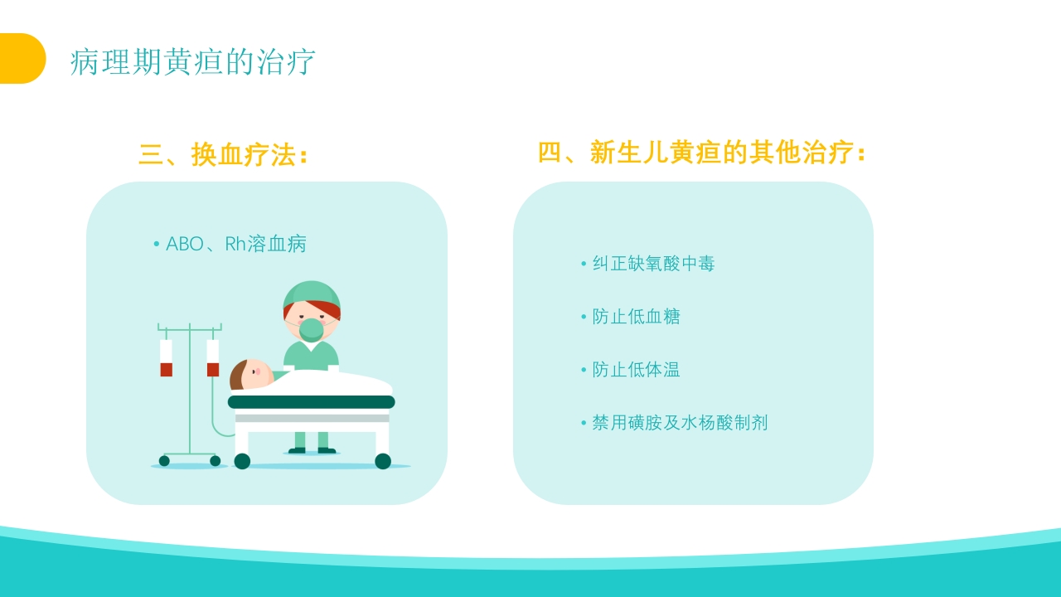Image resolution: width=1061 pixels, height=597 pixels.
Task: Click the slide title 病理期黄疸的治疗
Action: [192, 62]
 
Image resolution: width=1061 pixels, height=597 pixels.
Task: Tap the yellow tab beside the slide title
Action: [22, 59]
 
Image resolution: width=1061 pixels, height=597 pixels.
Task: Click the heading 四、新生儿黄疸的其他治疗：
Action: [702, 153]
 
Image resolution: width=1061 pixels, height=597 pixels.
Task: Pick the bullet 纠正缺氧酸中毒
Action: [653, 264]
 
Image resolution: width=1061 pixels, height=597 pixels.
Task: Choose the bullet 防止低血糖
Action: [636, 317]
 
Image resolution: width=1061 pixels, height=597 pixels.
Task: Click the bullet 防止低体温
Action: [636, 370]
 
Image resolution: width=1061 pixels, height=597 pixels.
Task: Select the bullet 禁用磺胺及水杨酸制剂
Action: [680, 423]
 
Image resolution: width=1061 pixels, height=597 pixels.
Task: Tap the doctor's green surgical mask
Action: [312, 329]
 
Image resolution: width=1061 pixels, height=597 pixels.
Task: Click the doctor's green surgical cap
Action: [312, 294]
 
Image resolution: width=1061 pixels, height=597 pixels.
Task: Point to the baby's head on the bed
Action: [250, 375]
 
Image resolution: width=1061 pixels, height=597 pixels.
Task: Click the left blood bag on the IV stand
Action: [166, 357]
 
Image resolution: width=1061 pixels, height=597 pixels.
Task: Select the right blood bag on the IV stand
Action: [213, 357]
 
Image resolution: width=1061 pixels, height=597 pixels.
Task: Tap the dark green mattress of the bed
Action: [311, 402]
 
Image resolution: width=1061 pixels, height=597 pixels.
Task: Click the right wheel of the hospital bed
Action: [383, 461]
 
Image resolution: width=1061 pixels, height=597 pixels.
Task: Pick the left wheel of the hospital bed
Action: [242, 461]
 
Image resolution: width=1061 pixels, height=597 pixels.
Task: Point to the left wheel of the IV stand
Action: [164, 461]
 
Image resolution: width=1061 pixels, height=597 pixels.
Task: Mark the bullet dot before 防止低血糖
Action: [584, 317]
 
